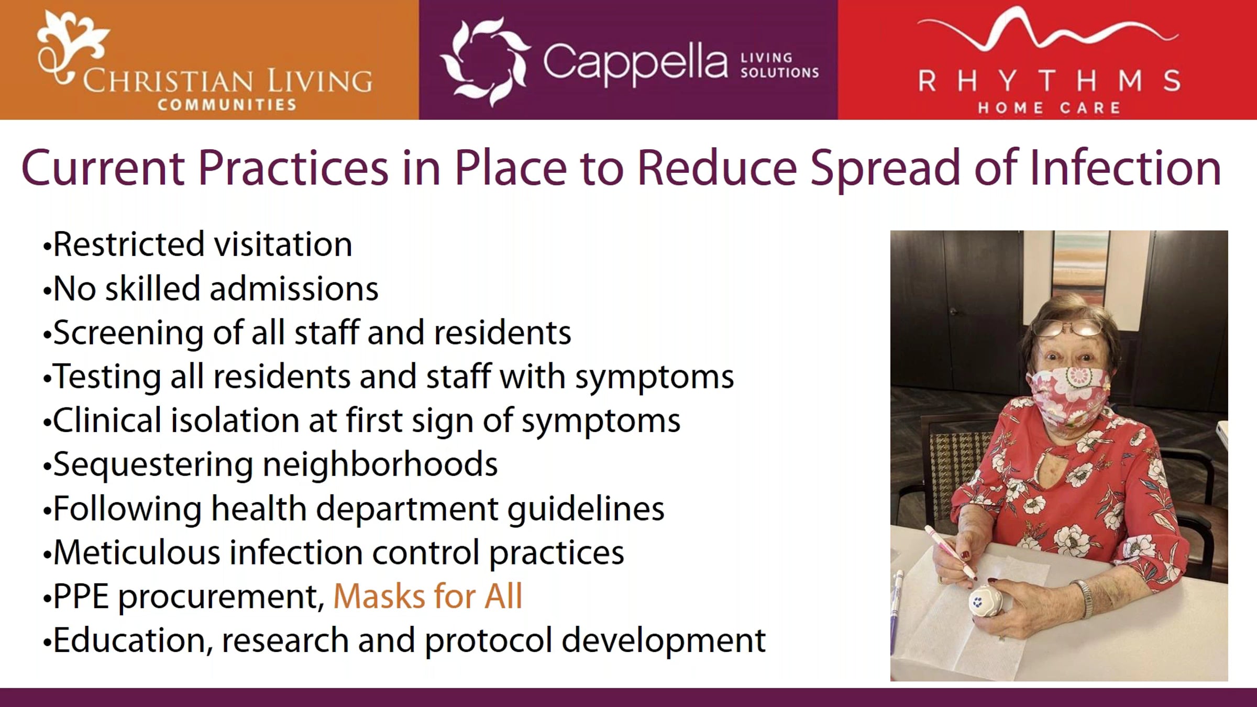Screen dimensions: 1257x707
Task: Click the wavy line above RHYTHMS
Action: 1047,29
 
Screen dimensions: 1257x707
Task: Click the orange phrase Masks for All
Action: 428,596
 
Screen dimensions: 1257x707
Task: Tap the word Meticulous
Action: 137,553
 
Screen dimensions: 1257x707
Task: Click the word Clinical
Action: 107,421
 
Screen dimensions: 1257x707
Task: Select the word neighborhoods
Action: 380,465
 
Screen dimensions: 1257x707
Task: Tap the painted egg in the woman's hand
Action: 986,602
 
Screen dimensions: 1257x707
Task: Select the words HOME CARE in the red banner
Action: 1049,108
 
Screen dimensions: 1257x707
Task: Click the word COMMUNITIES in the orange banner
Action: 227,105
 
